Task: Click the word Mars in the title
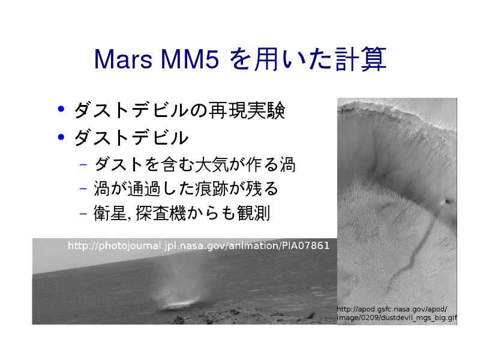pyautogui.click(x=123, y=59)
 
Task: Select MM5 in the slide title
pyautogui.click(x=190, y=59)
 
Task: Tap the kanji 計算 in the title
pyautogui.click(x=361, y=59)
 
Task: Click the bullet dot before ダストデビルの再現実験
pyautogui.click(x=61, y=109)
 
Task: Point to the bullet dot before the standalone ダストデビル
pyautogui.click(x=61, y=137)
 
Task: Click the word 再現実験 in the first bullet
pyautogui.click(x=247, y=110)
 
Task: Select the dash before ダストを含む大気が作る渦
pyautogui.click(x=83, y=165)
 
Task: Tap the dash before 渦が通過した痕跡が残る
pyautogui.click(x=83, y=188)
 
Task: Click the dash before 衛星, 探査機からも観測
pyautogui.click(x=83, y=213)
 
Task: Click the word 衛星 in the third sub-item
pyautogui.click(x=110, y=213)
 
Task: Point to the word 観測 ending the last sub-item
pyautogui.click(x=253, y=213)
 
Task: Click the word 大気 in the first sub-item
pyautogui.click(x=212, y=164)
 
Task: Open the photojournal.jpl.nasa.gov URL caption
pyautogui.click(x=199, y=245)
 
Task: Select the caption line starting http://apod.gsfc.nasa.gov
pyautogui.click(x=392, y=309)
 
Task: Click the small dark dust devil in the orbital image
pyautogui.click(x=448, y=201)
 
